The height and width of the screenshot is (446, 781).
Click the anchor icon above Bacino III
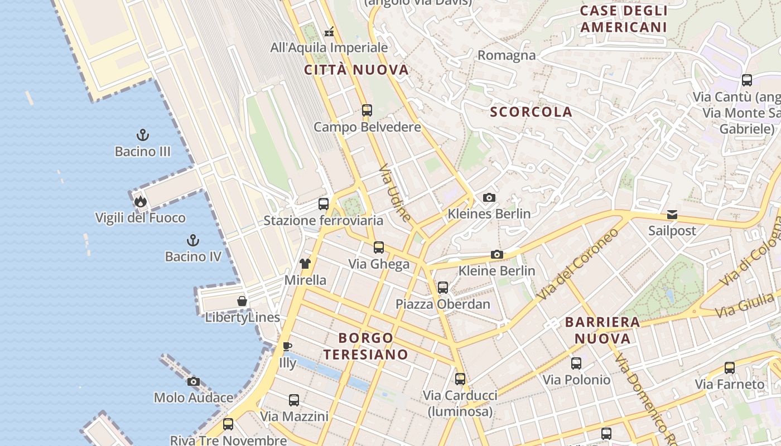pyautogui.click(x=143, y=135)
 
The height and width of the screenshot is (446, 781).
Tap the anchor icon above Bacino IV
pyautogui.click(x=192, y=240)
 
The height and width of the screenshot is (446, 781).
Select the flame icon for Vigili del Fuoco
pyautogui.click(x=140, y=201)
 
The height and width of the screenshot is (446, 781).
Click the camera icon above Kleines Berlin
pyautogui.click(x=489, y=197)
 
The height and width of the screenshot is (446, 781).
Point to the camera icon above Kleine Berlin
pyautogui.click(x=496, y=255)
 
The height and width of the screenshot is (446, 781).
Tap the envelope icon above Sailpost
pyautogui.click(x=672, y=215)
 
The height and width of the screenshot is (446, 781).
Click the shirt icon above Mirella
pyautogui.click(x=305, y=264)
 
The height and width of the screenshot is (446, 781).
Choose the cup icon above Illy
pyautogui.click(x=287, y=347)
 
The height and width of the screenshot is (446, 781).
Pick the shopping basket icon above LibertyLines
pyautogui.click(x=242, y=301)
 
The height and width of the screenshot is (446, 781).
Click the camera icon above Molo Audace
pyautogui.click(x=194, y=382)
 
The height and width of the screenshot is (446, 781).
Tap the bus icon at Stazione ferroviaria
pyautogui.click(x=324, y=204)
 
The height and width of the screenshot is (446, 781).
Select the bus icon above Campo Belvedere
pyautogui.click(x=367, y=110)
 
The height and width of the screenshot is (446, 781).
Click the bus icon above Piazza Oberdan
pyautogui.click(x=443, y=288)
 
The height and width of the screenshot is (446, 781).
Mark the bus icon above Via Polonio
pyautogui.click(x=576, y=363)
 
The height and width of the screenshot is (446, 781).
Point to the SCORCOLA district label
pyautogui.click(x=531, y=112)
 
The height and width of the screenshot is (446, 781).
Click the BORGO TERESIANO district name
pyautogui.click(x=366, y=346)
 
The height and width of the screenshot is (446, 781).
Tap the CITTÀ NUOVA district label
pyautogui.click(x=356, y=70)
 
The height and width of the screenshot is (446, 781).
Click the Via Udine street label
pyautogui.click(x=395, y=193)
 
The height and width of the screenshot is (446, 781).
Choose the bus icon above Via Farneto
pyautogui.click(x=730, y=368)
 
